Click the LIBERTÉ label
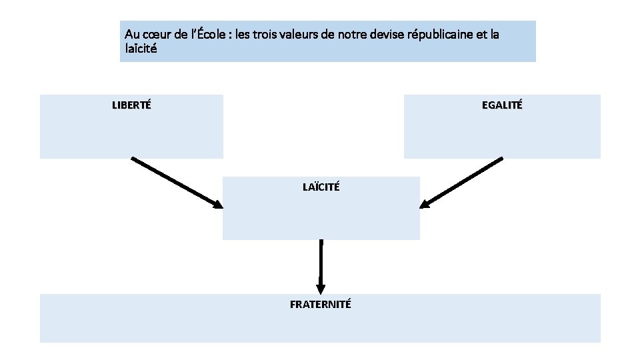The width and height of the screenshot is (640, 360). [131, 105]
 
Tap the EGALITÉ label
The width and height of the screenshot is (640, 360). [502, 105]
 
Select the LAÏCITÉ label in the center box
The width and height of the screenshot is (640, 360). [321, 187]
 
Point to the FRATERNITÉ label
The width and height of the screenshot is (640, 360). [321, 305]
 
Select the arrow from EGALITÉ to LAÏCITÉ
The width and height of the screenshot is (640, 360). [463, 182]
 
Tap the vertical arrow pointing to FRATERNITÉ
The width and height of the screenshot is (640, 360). [321, 263]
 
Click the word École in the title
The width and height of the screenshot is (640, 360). [210, 34]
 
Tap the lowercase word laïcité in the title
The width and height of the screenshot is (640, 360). [141, 48]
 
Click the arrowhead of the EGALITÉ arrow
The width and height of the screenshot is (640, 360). [425, 204]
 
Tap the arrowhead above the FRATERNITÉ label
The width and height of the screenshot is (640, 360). [321, 289]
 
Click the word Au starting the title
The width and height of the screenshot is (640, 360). [131, 34]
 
